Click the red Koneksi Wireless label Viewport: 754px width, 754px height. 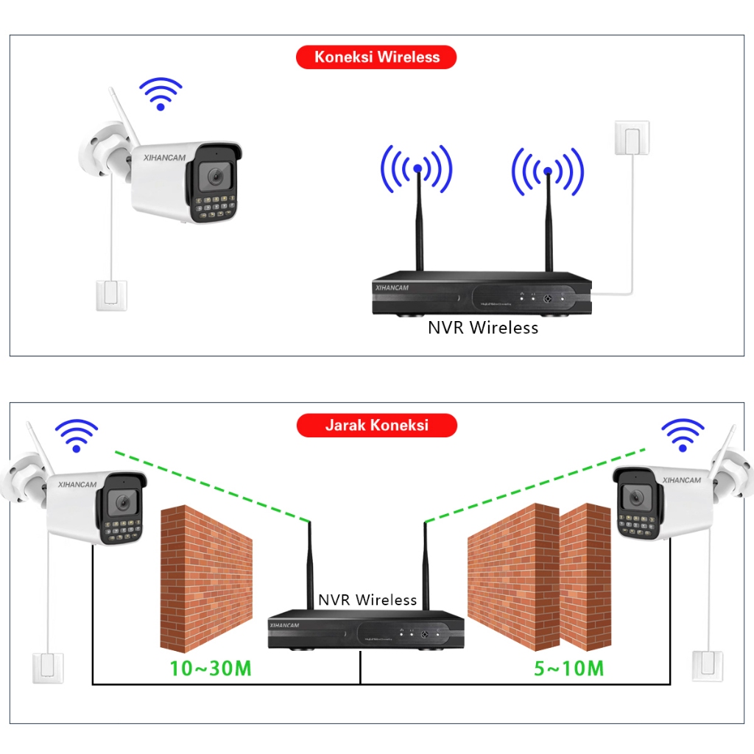pos(376,57)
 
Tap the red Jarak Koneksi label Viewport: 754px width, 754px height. pos(376,426)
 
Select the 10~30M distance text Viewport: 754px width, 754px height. pos(211,669)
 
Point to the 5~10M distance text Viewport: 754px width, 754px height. pos(568,669)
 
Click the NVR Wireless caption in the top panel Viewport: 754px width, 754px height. pos(483,328)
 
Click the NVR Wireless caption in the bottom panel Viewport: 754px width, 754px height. pos(367,600)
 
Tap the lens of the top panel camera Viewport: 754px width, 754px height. pos(216,177)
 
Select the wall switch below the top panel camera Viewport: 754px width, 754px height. pos(111,295)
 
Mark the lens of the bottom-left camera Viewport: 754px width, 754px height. pos(121,503)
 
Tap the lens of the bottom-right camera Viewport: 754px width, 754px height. pos(633,498)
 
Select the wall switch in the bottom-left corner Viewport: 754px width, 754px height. pos(48,668)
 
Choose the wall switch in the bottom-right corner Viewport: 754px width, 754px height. pos(708,666)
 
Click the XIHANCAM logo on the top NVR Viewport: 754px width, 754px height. pos(392,288)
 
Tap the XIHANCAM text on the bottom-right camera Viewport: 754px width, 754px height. pos(681,480)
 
